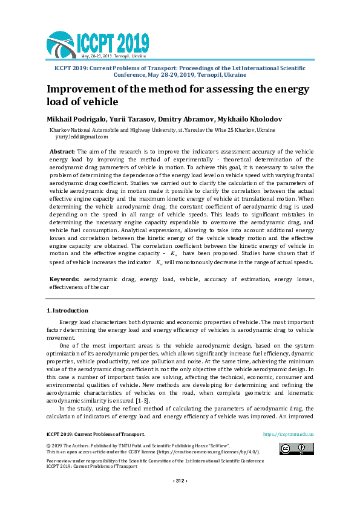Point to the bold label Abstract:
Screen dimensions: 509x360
[62, 151]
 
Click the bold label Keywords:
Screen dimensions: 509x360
[64, 280]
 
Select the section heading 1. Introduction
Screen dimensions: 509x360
[67, 311]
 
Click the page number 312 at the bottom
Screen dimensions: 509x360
[180, 481]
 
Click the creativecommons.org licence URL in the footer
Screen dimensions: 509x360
[183, 452]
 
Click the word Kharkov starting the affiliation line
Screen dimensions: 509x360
[59, 130]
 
